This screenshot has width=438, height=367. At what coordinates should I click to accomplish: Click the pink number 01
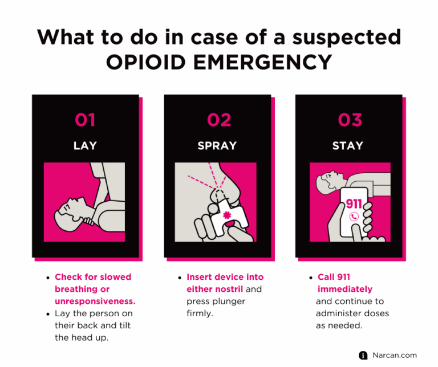(x=85, y=120)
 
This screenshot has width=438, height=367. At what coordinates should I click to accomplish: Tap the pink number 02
(x=219, y=120)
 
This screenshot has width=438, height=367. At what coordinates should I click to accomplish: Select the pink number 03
(x=350, y=120)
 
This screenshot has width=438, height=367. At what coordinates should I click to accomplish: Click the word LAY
(x=85, y=145)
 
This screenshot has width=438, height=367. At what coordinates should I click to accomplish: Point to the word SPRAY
(x=217, y=145)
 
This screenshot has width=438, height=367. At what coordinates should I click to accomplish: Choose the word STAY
(x=348, y=145)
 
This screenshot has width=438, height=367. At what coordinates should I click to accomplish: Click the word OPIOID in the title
(x=146, y=62)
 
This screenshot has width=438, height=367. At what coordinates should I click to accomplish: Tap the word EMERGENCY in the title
(x=262, y=62)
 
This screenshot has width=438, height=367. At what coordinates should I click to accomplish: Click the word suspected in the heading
(x=347, y=38)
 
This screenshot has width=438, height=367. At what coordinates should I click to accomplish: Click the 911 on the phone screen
(x=354, y=204)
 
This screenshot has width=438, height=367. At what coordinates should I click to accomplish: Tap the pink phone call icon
(x=354, y=217)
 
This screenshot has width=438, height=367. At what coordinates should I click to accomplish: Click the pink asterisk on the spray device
(x=227, y=215)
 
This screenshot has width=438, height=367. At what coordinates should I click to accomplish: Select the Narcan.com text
(x=395, y=355)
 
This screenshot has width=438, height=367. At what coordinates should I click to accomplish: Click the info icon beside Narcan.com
(x=363, y=355)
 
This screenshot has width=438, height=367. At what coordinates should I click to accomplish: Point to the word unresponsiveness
(x=95, y=301)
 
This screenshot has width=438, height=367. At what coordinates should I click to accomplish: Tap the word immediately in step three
(x=344, y=289)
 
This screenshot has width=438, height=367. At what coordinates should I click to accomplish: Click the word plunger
(x=229, y=301)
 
